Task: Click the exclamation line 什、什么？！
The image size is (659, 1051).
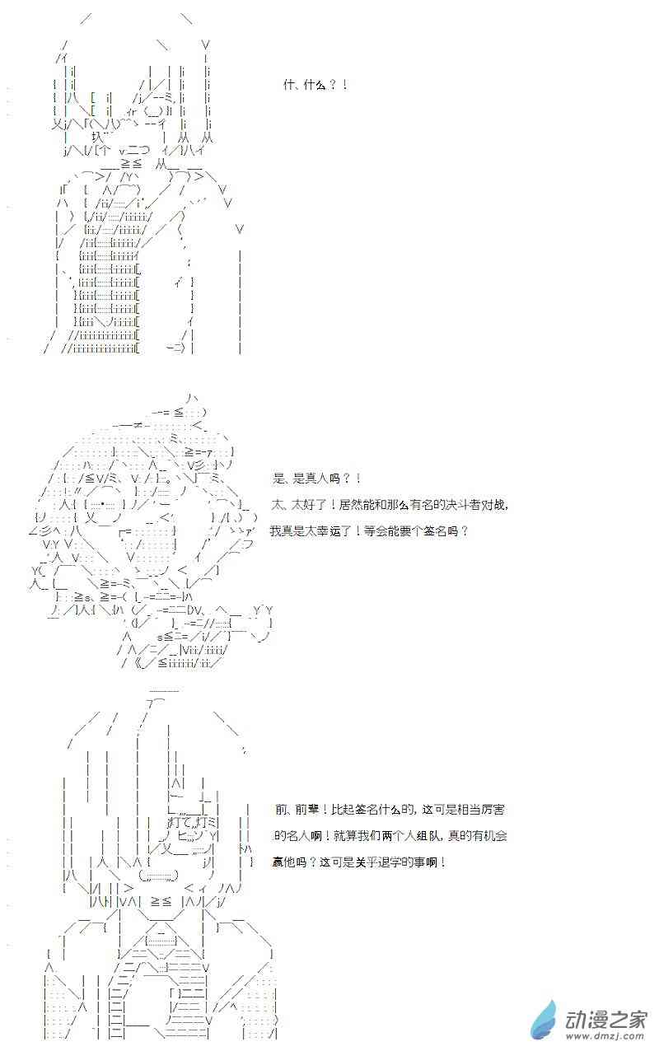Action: click(315, 85)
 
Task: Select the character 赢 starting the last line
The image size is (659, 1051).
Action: click(278, 862)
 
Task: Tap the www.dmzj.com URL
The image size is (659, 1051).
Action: click(606, 1036)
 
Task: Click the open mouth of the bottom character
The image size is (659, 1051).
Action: click(159, 875)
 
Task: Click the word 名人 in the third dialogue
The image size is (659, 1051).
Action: click(297, 836)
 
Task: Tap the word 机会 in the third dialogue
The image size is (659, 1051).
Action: click(496, 836)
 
